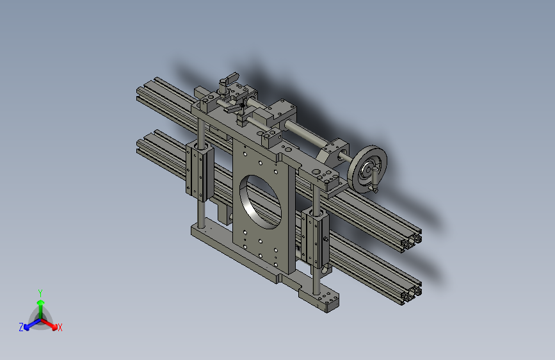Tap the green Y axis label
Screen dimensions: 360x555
40,291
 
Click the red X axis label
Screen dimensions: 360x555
60,328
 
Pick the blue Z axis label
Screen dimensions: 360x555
20,327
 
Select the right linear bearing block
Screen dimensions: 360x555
316,238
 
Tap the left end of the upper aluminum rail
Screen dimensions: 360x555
142,92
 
